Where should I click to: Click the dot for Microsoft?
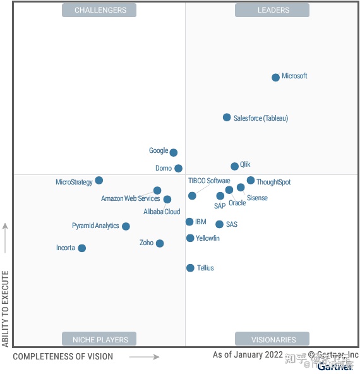coord(275,78)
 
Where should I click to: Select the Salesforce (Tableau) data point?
coord(227,118)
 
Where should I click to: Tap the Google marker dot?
coord(174,152)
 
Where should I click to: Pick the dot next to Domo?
coord(178,168)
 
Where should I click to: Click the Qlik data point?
coord(234,166)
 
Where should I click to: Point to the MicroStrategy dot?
coord(99,181)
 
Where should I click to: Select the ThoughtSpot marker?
coord(251,181)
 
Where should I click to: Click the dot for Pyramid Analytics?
coord(126,226)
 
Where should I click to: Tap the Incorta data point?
coord(81,248)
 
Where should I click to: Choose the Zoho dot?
coord(160,243)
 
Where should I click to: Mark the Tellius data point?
coord(190,268)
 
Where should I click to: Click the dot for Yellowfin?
coord(190,238)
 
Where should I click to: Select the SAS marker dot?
coord(219,224)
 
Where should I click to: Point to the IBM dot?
coord(189,222)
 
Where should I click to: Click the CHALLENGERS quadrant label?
coord(100,10)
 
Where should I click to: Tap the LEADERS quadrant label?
coord(272,10)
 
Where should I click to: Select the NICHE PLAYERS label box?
coord(100,339)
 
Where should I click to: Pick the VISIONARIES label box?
coord(272,339)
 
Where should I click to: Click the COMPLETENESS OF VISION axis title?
coord(63,357)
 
